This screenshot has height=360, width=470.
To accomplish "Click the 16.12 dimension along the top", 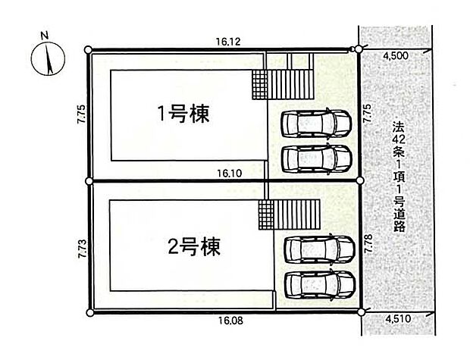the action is tap(228, 42).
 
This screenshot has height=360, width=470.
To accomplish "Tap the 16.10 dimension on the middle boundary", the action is tap(229, 174).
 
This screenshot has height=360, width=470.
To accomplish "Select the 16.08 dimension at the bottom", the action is tap(230, 321).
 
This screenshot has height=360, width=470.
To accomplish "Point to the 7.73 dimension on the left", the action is tap(82, 249).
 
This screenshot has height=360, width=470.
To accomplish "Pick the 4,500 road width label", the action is tap(396, 56).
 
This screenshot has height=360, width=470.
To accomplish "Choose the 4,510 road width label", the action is tap(398, 318).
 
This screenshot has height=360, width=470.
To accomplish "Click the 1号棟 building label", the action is tap(183, 114).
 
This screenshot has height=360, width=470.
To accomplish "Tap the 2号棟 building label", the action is tap(194, 246).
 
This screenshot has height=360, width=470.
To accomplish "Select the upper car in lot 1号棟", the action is tap(316, 124).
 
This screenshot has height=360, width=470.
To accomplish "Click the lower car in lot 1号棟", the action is tap(316, 159).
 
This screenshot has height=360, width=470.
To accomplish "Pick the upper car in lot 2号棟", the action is tap(319, 249).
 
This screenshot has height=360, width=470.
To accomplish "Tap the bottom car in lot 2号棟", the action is tap(320, 284).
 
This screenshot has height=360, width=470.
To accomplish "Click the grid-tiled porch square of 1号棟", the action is tap(259, 85).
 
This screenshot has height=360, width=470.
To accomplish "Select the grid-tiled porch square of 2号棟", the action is tap(266, 215).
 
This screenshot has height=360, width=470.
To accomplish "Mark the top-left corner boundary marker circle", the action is tap(88, 50).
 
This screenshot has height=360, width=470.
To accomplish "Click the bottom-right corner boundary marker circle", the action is tap(362, 312).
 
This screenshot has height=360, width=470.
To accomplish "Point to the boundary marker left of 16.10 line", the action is tap(89, 181).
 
